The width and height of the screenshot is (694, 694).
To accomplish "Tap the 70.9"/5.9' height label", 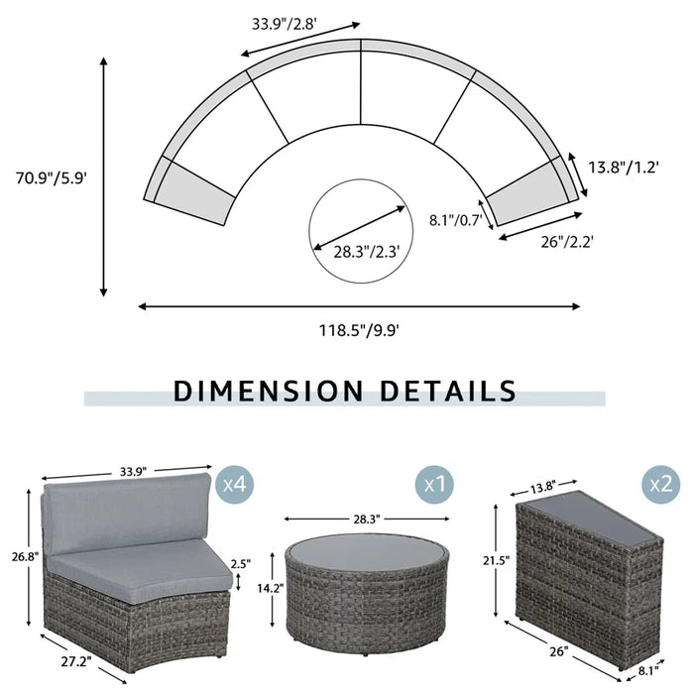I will (54, 178).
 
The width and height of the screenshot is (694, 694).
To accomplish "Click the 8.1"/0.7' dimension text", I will (454, 220).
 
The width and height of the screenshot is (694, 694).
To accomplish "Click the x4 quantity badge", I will (235, 485).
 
